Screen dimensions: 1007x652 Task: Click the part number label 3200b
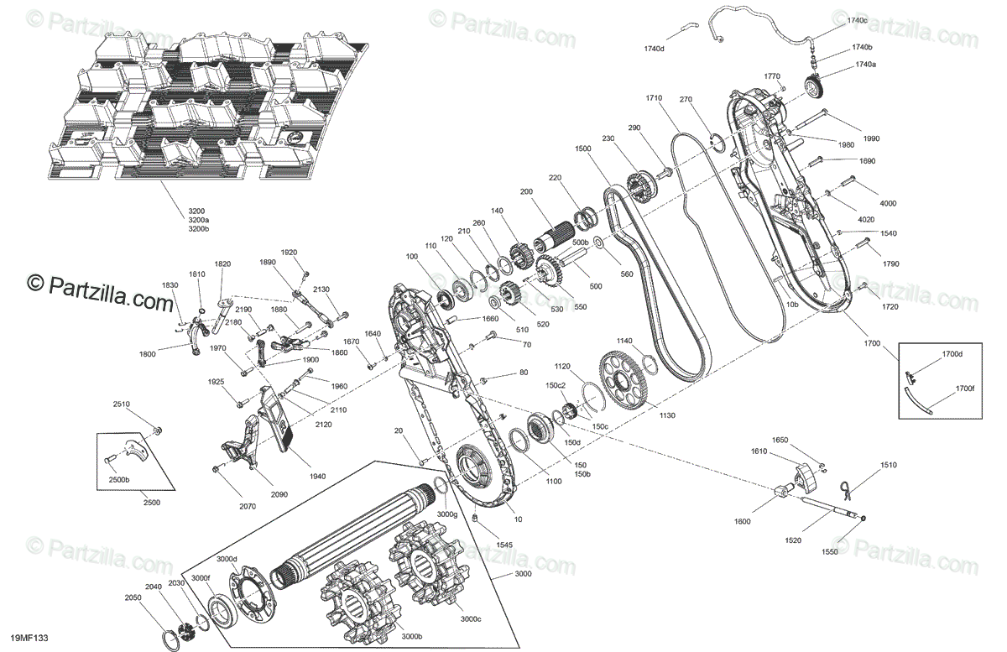pyautogui.click(x=198, y=229)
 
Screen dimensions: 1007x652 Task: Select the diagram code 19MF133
pyautogui.click(x=29, y=638)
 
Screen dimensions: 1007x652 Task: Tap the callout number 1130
pyautogui.click(x=667, y=415)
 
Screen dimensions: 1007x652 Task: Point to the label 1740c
pyautogui.click(x=858, y=20)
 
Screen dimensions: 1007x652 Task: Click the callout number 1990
pyautogui.click(x=871, y=138)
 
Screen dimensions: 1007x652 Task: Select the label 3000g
pyautogui.click(x=446, y=514)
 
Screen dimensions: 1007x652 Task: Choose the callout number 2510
pyautogui.click(x=122, y=404)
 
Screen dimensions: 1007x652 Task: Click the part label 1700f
pyautogui.click(x=965, y=389)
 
